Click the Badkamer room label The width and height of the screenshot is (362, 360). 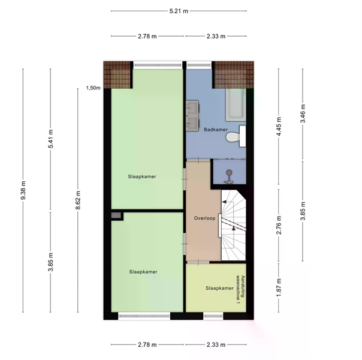216,130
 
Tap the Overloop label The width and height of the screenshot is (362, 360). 204,218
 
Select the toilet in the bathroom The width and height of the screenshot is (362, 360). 236,136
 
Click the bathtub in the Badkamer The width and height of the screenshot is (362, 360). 236,105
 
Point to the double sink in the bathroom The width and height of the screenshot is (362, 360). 192,116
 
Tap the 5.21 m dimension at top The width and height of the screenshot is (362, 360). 179,11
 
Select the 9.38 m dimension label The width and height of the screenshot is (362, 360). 23,190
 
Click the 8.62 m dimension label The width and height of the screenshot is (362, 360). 78,200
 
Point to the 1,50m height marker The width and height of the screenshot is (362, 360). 93,88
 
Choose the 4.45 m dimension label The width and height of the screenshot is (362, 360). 279,127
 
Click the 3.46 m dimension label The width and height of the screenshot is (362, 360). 303,113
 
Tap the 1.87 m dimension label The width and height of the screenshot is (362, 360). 279,287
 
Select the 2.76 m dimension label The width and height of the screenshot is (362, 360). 279,225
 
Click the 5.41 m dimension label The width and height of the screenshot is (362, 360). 51,139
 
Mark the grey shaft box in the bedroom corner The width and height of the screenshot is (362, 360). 116,215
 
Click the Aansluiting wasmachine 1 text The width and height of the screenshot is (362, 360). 240,289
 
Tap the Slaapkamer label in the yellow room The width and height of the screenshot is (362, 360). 219,288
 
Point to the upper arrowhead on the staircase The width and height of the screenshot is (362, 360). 224,202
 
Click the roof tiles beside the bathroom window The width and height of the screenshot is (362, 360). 234,74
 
